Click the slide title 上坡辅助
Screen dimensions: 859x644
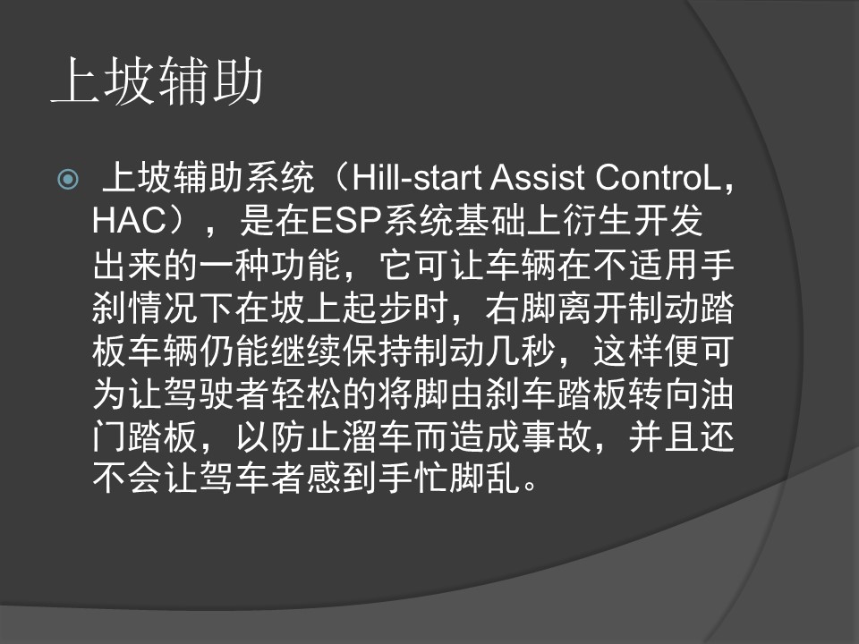pos(157,81)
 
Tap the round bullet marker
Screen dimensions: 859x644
pos(68,179)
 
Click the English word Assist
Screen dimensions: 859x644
pos(538,178)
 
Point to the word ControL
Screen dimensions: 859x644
pos(658,178)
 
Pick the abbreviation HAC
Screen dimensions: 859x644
pos(129,220)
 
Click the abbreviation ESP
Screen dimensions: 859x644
pos(346,220)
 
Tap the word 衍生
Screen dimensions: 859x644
pos(597,220)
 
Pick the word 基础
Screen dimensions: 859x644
pos(490,220)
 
